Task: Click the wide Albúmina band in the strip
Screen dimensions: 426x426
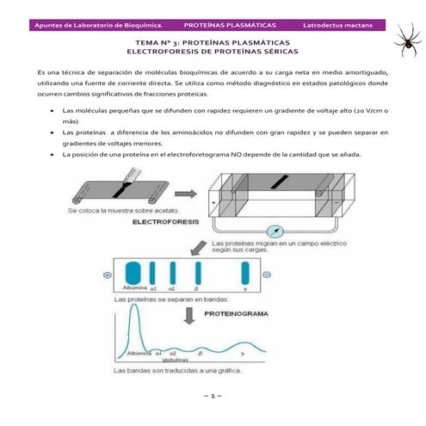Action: coord(133,272)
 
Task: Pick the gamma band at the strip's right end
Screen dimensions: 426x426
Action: coord(245,272)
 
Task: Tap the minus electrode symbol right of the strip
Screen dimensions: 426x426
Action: coord(268,274)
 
